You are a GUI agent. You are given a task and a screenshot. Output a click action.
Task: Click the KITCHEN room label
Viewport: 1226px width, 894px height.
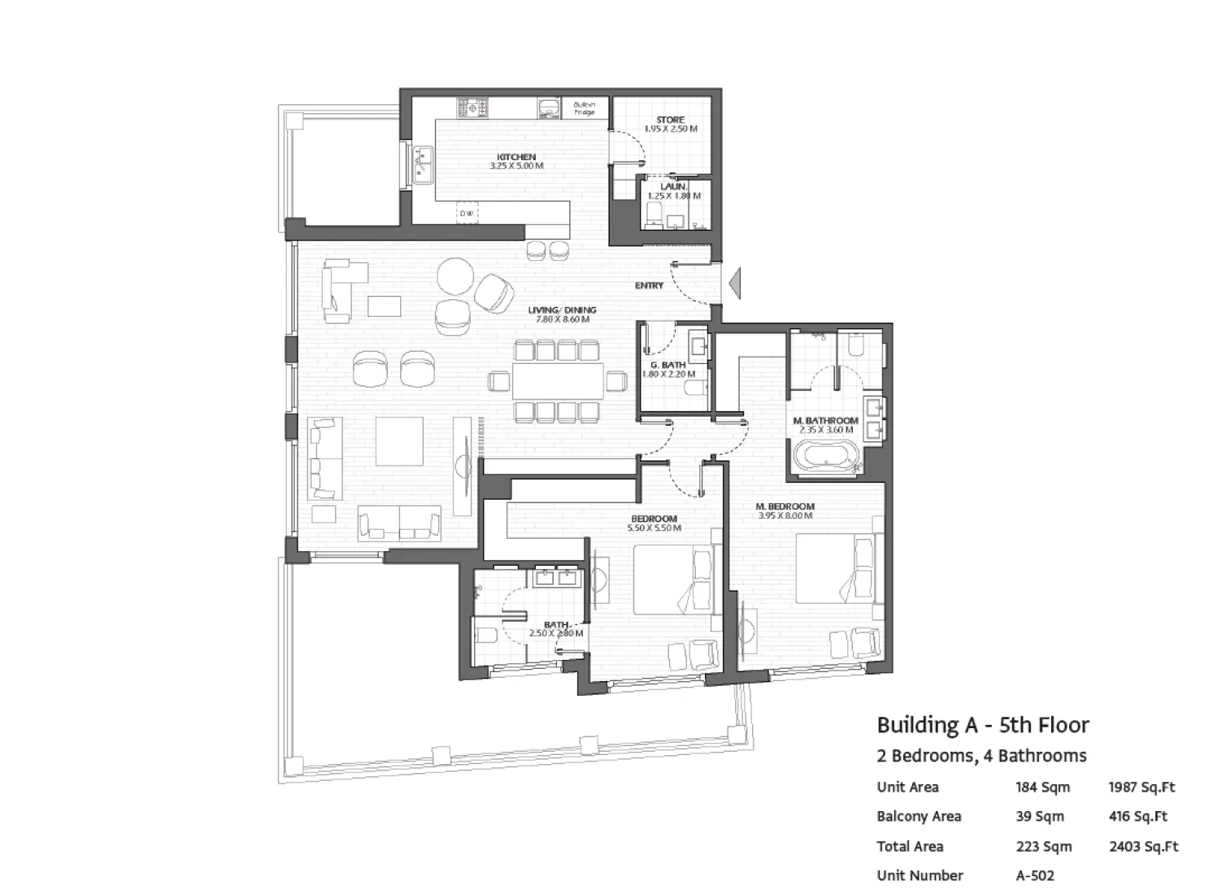(x=516, y=157)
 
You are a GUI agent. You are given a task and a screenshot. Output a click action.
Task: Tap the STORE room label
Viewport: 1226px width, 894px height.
(x=671, y=119)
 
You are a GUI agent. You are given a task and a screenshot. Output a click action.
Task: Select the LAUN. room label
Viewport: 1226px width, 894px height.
(x=673, y=187)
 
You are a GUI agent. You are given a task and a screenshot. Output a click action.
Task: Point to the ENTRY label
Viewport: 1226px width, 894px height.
(x=649, y=285)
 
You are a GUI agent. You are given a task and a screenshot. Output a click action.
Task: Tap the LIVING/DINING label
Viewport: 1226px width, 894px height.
(x=562, y=310)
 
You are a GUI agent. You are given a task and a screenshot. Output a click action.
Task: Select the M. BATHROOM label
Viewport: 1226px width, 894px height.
(x=825, y=421)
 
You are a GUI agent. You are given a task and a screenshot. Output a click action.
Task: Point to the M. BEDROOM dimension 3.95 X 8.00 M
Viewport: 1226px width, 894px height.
(x=785, y=515)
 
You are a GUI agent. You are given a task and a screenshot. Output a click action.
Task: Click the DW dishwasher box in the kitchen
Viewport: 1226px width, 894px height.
(x=467, y=214)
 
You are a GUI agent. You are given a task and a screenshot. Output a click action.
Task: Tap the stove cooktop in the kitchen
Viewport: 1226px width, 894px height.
(x=472, y=107)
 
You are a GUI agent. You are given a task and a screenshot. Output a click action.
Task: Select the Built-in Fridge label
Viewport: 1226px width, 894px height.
(x=584, y=108)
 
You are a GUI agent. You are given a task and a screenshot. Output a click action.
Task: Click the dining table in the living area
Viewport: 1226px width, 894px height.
(x=558, y=381)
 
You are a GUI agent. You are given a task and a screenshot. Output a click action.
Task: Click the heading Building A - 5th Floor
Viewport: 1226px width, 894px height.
(x=982, y=725)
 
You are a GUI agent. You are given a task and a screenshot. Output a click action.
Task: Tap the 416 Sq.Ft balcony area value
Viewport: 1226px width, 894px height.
(x=1137, y=817)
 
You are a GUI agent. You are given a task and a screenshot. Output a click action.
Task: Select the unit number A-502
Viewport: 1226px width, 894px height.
(x=1034, y=875)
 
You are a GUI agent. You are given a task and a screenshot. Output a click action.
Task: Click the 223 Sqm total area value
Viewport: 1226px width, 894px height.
(x=1043, y=846)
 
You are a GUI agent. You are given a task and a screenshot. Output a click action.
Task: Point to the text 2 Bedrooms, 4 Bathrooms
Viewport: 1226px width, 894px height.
(x=981, y=756)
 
